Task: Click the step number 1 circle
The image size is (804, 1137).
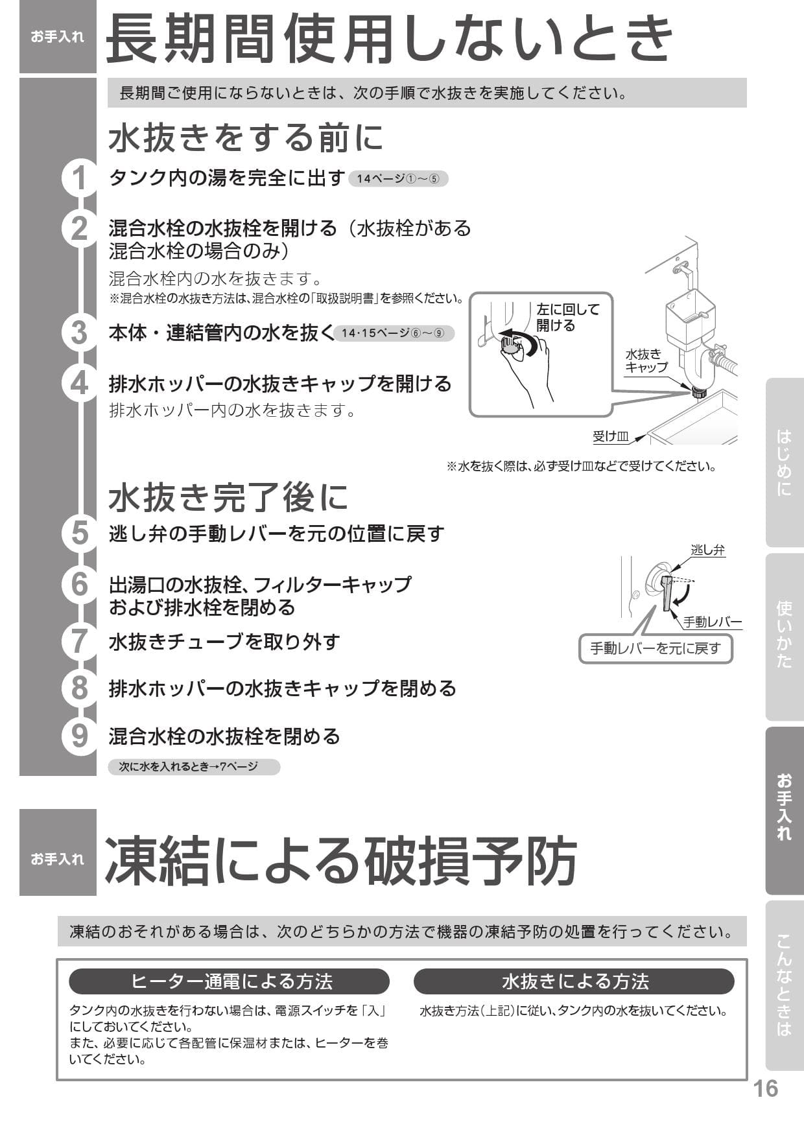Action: [x=79, y=178]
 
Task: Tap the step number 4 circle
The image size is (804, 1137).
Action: [x=79, y=383]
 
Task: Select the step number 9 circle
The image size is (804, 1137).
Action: [x=79, y=736]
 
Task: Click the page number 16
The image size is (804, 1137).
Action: [x=765, y=1088]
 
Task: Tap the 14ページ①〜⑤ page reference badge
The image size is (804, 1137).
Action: [x=398, y=179]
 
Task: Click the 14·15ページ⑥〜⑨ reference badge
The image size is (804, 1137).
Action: [x=394, y=333]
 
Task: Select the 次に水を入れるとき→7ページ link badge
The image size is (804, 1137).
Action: [x=194, y=767]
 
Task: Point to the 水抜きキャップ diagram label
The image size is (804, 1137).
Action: [x=646, y=360]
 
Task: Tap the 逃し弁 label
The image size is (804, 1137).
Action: [x=707, y=550]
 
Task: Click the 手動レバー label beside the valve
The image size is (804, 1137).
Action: [x=712, y=622]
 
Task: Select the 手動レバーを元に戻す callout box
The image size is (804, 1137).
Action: [x=655, y=648]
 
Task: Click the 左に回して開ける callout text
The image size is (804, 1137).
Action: [x=568, y=317]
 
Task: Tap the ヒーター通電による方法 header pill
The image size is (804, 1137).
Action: [x=230, y=981]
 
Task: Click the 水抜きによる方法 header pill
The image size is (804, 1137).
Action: [x=574, y=981]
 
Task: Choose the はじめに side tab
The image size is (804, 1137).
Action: [x=784, y=463]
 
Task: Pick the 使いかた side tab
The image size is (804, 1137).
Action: [x=784, y=635]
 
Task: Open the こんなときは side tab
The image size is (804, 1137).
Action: [x=784, y=985]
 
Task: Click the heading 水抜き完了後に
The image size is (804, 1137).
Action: [x=228, y=498]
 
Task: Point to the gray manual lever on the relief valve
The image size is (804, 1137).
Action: [x=667, y=595]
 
